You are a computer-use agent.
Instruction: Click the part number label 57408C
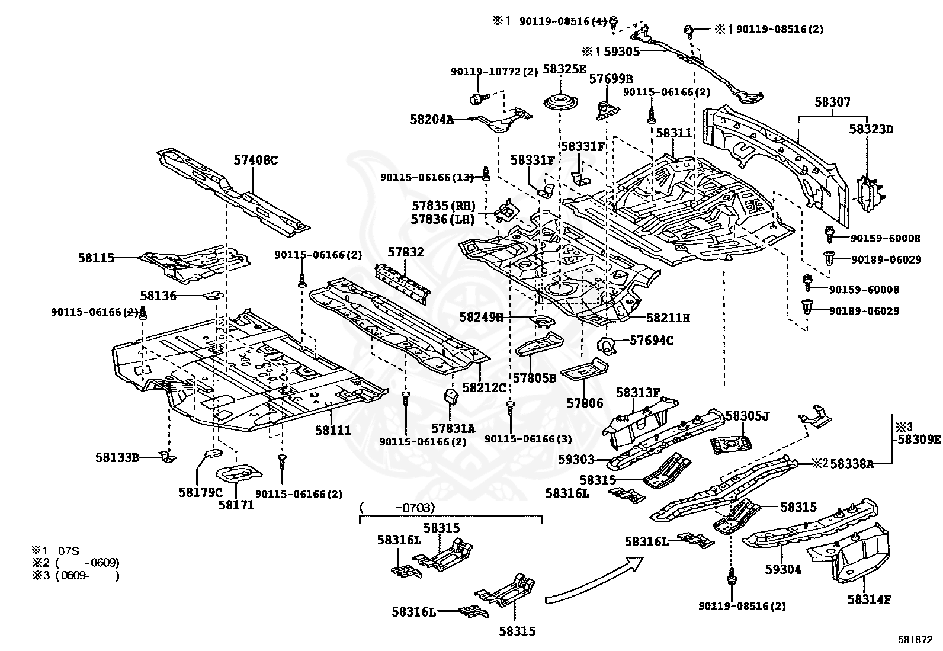(255, 160)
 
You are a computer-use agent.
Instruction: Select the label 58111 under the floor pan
(333, 431)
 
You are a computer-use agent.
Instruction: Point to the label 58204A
(432, 120)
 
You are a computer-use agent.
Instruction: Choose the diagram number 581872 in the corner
(916, 640)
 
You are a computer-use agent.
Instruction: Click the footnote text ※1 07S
(54, 551)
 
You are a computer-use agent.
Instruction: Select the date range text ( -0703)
(397, 508)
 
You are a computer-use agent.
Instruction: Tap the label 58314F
(869, 599)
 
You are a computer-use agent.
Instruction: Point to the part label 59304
(783, 569)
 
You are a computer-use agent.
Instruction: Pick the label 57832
(406, 252)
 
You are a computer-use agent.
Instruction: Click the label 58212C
(484, 387)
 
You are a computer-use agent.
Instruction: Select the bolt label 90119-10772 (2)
(494, 72)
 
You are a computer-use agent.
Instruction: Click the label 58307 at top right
(832, 102)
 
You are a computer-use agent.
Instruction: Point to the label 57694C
(651, 341)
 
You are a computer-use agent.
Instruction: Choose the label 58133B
(117, 457)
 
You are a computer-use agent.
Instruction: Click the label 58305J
(747, 416)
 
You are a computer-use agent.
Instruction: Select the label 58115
(96, 258)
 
